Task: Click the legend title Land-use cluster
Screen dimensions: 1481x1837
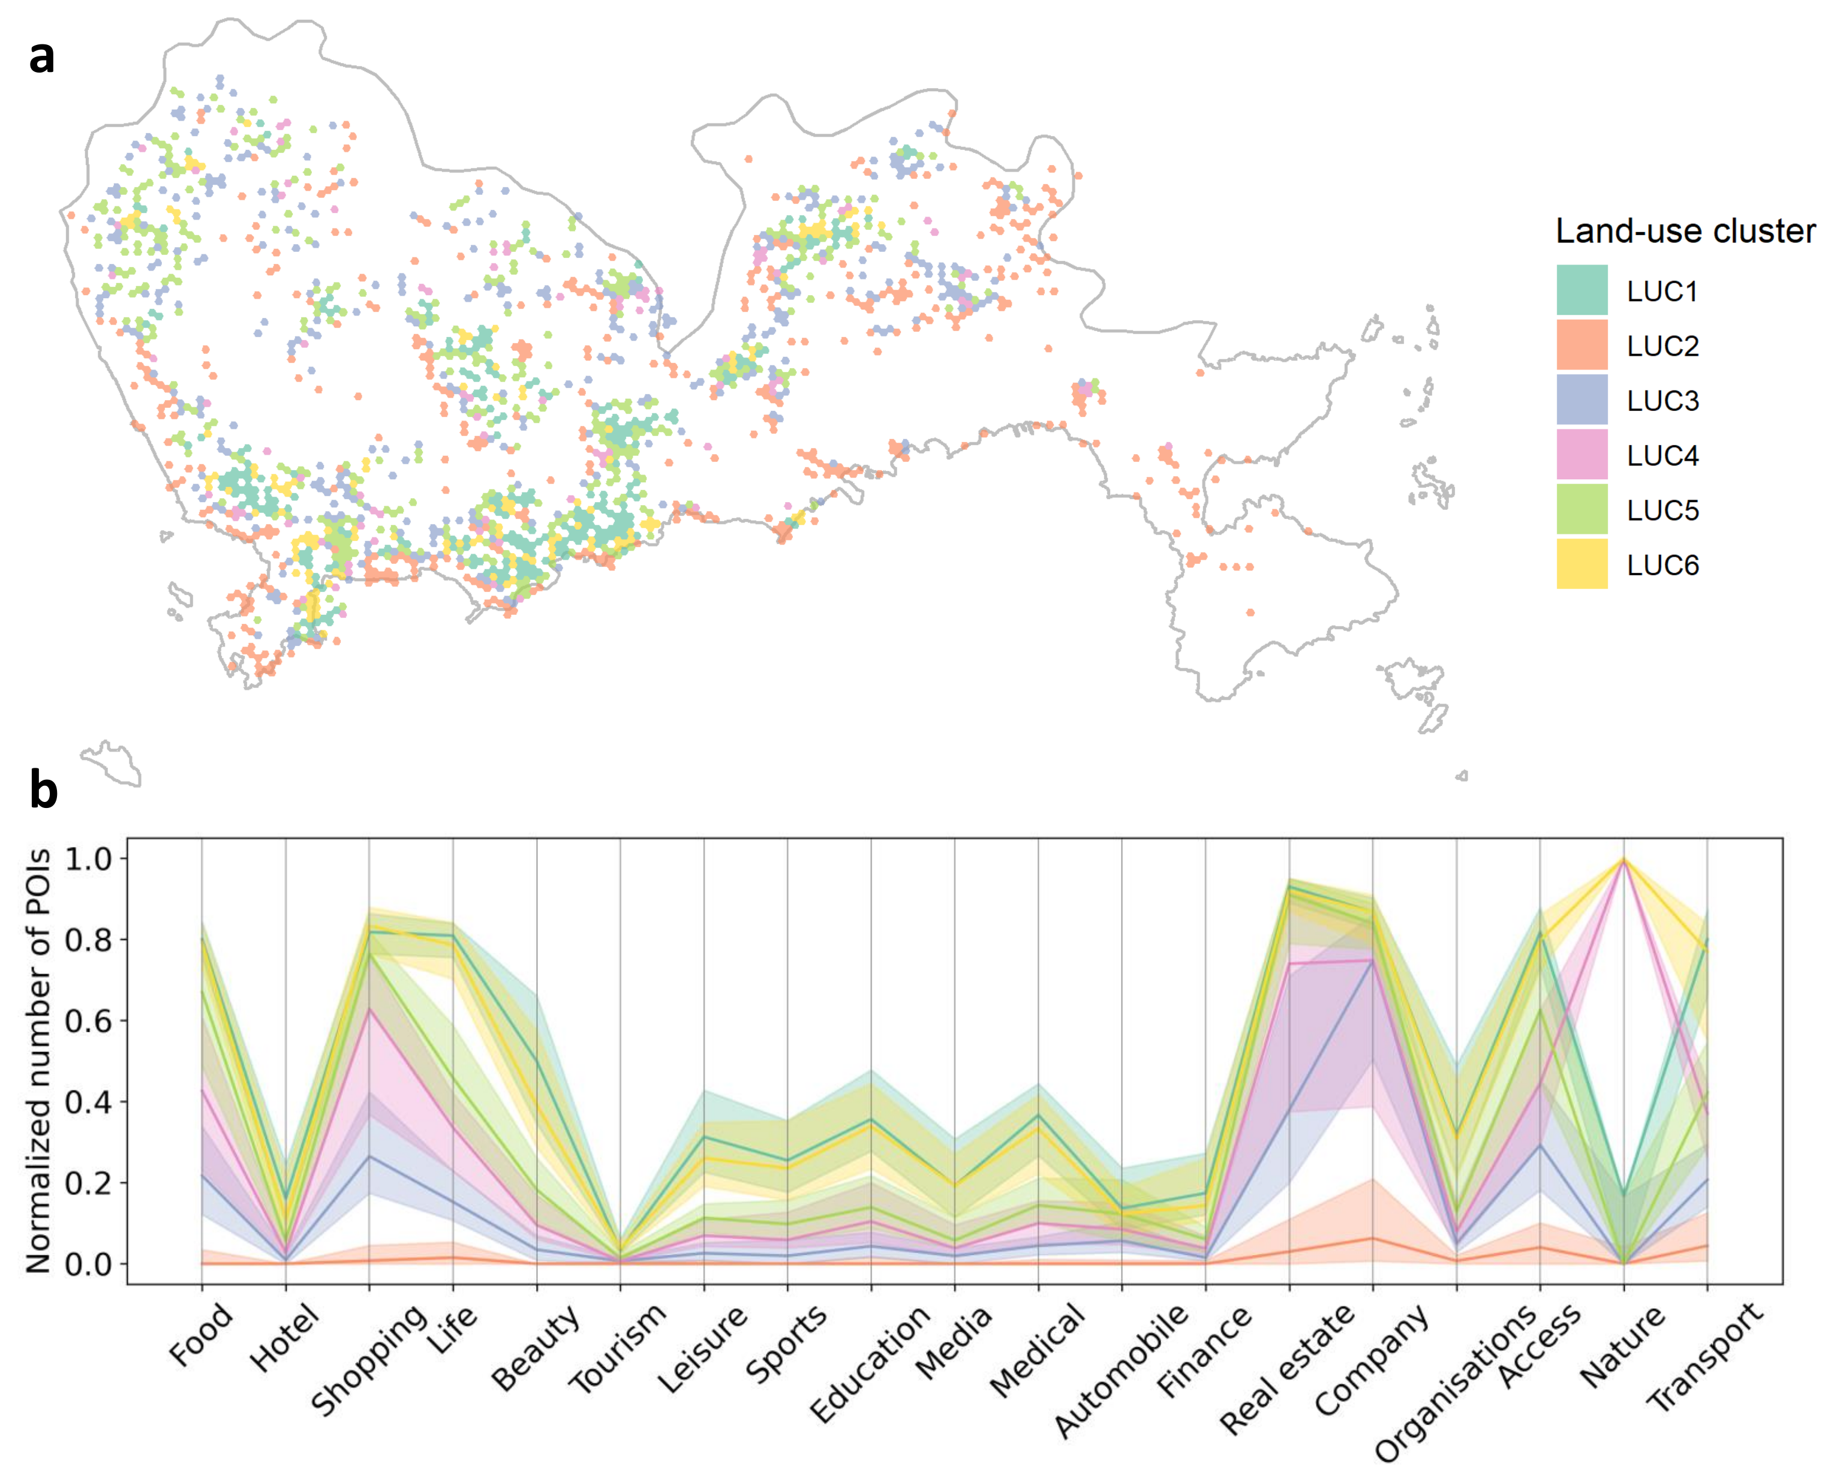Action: coord(1684,231)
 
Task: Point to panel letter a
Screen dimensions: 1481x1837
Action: coord(42,58)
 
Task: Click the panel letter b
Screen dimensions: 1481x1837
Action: coord(44,790)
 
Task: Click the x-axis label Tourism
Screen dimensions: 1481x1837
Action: coord(618,1350)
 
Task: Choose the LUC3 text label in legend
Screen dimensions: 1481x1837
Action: coord(1662,400)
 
